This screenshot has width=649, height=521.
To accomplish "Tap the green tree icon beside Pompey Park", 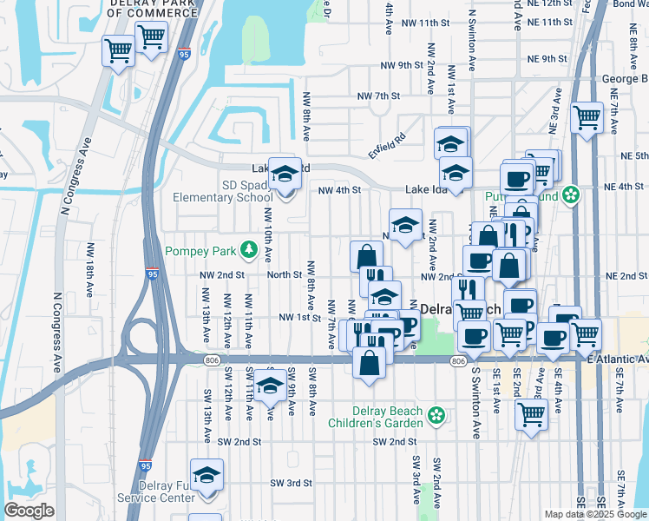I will tap(250, 251).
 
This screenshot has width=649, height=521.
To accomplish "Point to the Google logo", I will tap(28, 511).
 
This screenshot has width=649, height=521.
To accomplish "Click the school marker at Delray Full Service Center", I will tap(206, 477).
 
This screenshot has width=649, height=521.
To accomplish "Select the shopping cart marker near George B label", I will tap(587, 117).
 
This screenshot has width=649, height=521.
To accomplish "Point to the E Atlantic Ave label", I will tap(618, 359).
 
